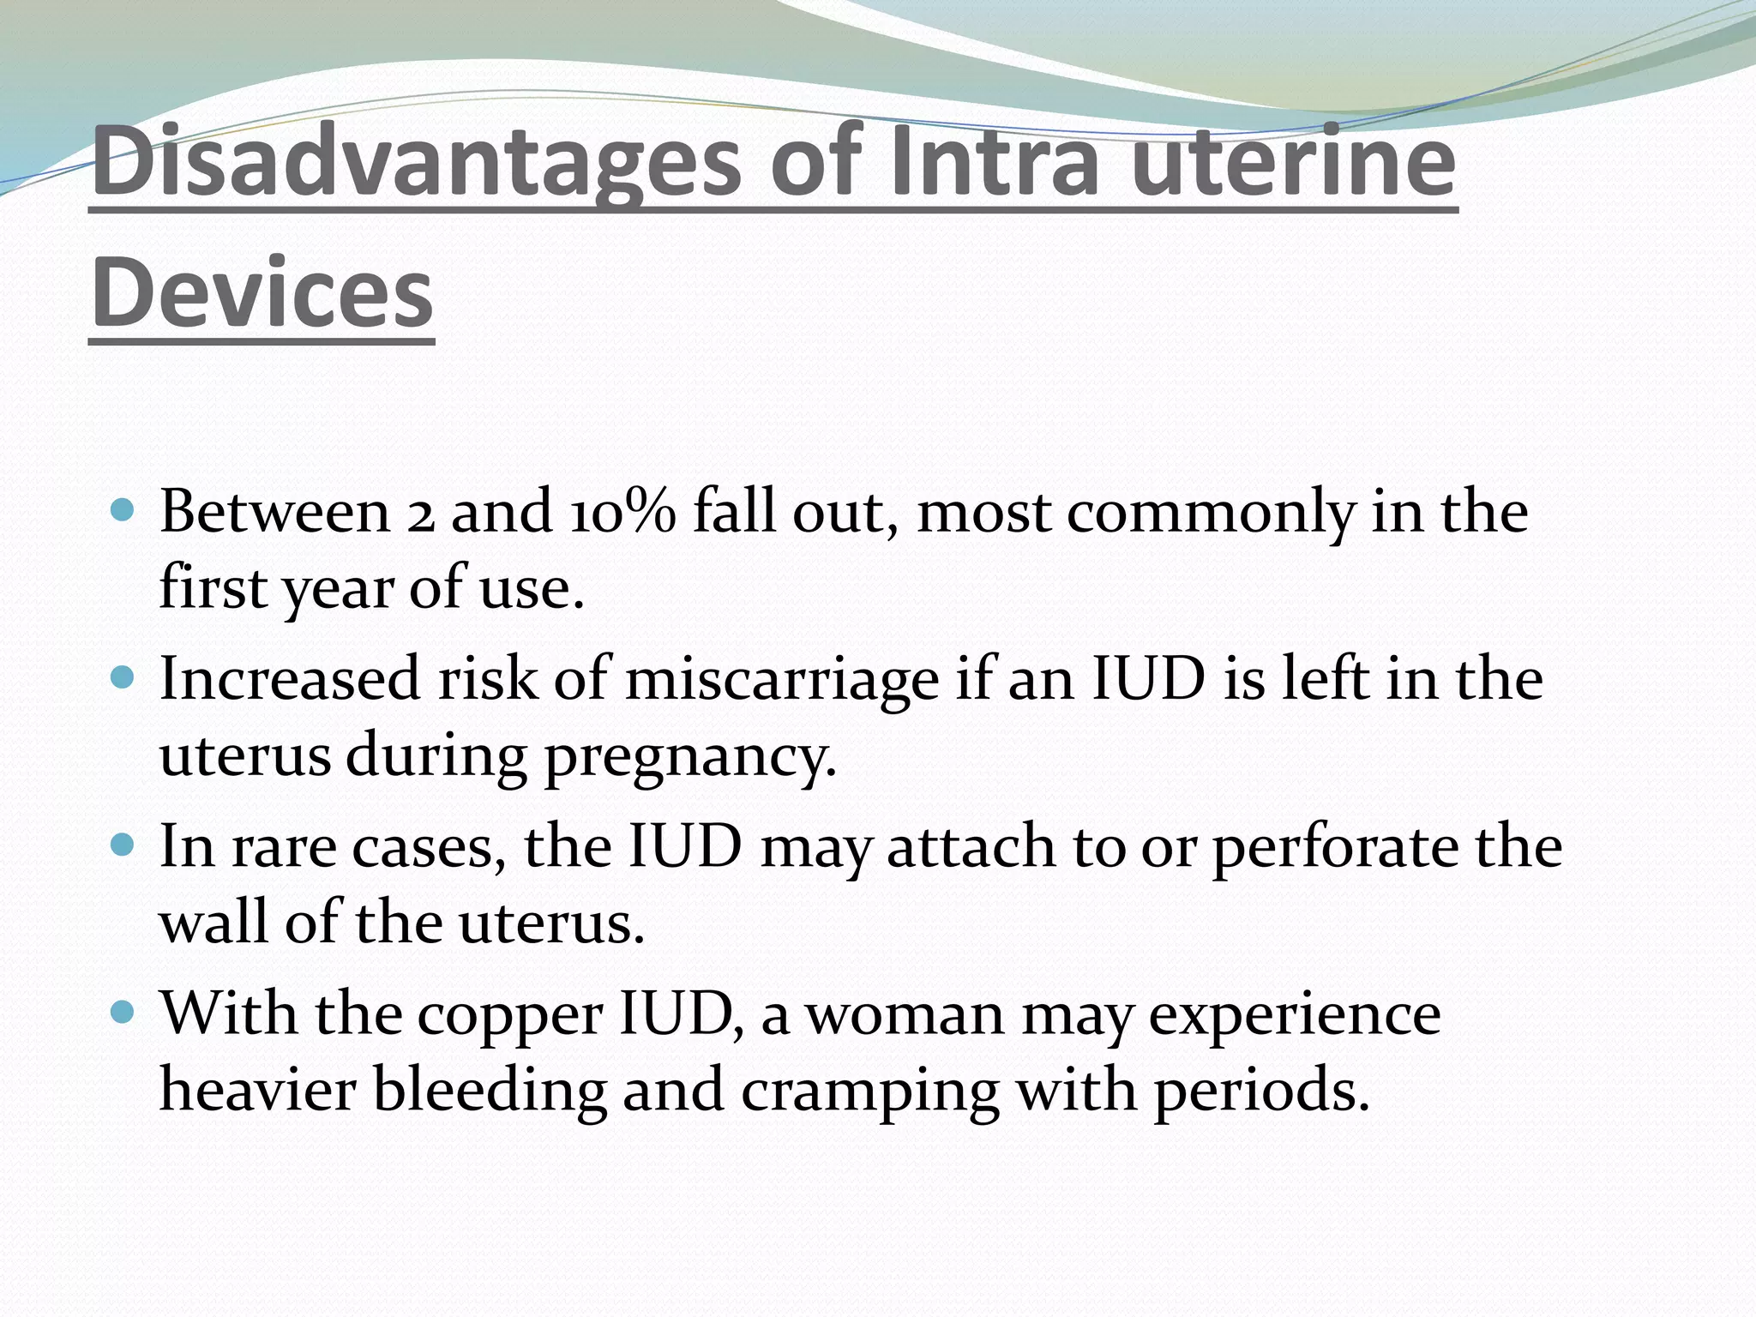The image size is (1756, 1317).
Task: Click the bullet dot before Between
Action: pos(124,512)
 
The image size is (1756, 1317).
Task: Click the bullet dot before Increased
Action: pos(124,679)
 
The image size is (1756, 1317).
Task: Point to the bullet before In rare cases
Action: pos(124,846)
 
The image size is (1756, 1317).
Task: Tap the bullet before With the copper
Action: pos(124,1013)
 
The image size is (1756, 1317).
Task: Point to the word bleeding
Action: pos(490,1091)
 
